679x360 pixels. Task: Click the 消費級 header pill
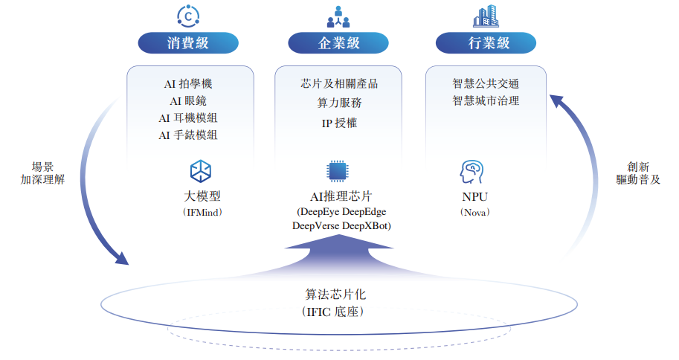(187, 43)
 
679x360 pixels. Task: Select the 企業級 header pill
(338, 43)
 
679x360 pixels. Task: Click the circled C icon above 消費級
(188, 16)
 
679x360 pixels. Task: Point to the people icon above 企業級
(338, 16)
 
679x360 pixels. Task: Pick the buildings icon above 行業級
(487, 16)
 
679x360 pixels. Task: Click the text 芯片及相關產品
(339, 84)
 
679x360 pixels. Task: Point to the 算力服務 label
(339, 103)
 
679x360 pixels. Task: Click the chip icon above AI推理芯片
(338, 171)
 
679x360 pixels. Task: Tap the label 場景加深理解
(42, 173)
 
